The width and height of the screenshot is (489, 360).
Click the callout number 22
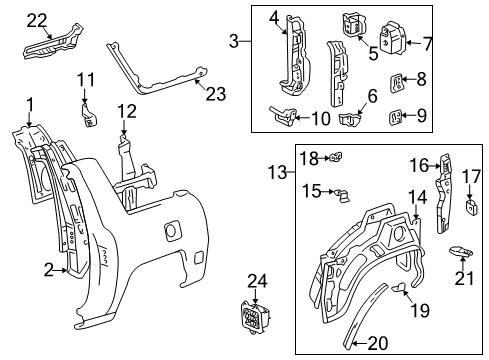point(36,19)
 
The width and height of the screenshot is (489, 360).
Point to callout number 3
point(233,42)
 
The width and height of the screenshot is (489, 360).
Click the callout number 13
point(281,173)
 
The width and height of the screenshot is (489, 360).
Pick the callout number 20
point(377,343)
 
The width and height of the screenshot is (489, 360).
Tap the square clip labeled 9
point(395,117)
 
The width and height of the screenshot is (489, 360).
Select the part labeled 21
point(459,251)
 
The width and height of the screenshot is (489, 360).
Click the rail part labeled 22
point(50,45)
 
